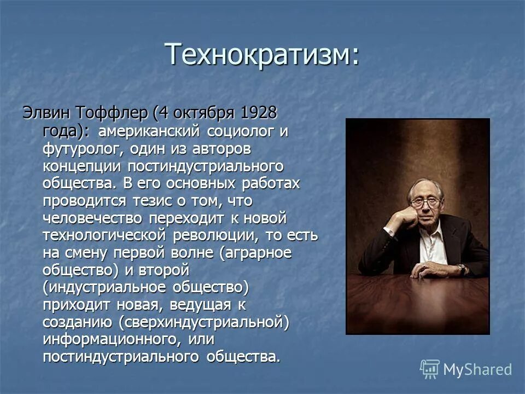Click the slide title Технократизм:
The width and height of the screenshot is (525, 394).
[262, 54]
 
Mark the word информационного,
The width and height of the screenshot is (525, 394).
[109, 340]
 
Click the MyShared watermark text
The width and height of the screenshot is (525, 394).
[477, 369]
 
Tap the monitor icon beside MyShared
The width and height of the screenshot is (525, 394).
[430, 369]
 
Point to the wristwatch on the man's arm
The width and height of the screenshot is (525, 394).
[462, 269]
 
